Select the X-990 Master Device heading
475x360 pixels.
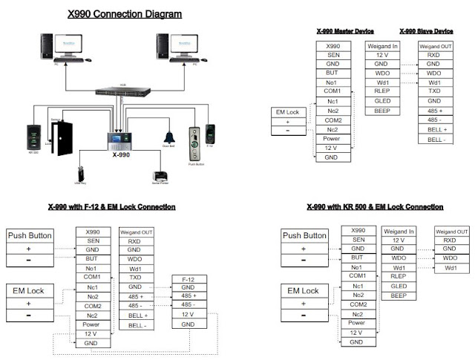[x=344, y=31]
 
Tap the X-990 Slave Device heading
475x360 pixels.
[x=426, y=31]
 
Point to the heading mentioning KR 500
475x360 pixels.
[x=370, y=206]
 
